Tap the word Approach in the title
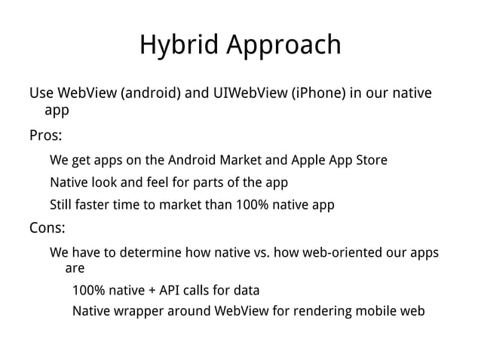coord(285,45)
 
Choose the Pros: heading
coord(46,136)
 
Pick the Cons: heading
coord(47,227)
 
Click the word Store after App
coord(369,160)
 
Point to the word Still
coord(63,205)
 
